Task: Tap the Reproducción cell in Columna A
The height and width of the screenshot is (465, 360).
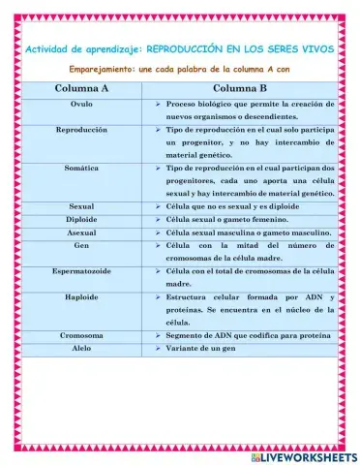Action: click(81, 129)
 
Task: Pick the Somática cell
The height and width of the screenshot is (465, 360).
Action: click(81, 168)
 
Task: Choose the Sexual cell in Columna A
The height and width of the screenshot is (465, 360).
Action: click(81, 206)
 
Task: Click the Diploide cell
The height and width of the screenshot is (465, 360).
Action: click(81, 220)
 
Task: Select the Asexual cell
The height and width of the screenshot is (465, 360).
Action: click(81, 233)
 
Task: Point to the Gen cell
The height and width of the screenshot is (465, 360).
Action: click(81, 247)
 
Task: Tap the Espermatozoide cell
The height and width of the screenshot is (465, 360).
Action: click(81, 272)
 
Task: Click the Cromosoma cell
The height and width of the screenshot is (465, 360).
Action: click(81, 334)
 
